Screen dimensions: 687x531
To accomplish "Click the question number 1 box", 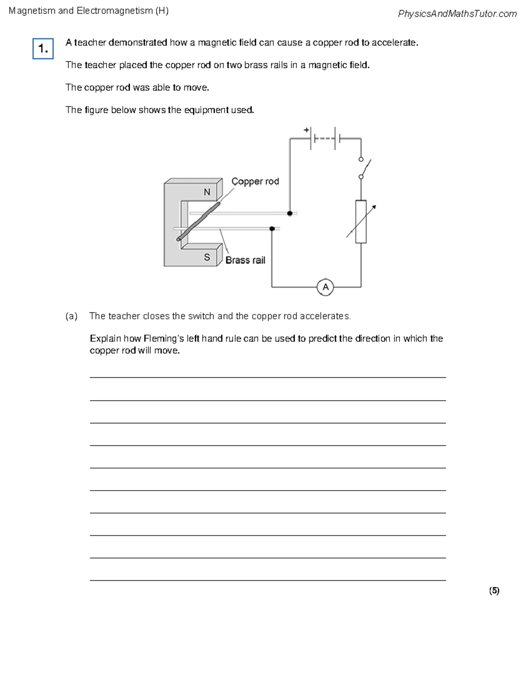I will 43,49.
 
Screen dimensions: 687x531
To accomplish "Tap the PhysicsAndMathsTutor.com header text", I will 457,14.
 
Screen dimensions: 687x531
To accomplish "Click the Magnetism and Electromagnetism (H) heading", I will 88,11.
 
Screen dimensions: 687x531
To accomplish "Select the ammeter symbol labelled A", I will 325,287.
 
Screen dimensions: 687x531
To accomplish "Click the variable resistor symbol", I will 361,222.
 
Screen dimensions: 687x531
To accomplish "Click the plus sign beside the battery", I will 306,130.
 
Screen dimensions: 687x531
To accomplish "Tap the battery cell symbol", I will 325,138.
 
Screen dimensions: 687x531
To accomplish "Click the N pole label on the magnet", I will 207,192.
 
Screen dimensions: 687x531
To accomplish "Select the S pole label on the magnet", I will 207,257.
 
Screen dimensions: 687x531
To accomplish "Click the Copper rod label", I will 255,181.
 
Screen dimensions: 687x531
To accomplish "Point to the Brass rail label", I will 245,260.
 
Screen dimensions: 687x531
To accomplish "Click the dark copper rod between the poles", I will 199,221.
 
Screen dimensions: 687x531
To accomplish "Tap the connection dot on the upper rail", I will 290,213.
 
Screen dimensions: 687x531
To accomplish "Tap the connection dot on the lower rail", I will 272,229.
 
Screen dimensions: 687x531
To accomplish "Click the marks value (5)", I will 494,591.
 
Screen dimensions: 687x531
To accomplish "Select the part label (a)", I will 71,316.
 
